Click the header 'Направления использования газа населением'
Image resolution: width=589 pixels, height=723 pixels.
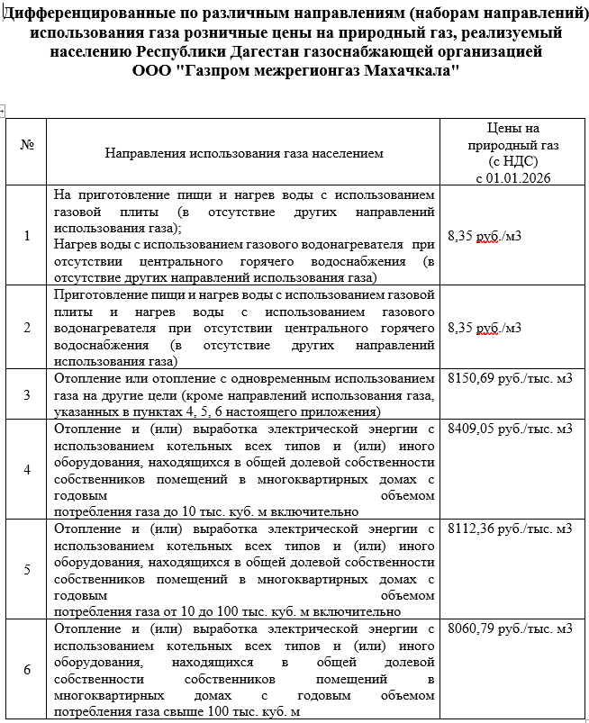[244, 153]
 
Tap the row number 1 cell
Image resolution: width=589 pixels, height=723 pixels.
[26, 235]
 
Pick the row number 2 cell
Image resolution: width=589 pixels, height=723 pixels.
[26, 327]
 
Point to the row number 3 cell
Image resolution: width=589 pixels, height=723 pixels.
[26, 394]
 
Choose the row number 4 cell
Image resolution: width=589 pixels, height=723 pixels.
[26, 469]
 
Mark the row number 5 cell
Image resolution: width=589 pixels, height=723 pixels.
[26, 569]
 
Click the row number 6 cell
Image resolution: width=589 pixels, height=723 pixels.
[26, 669]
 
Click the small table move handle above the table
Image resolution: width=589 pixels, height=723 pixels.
[5, 112]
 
